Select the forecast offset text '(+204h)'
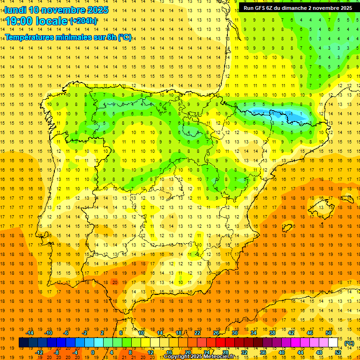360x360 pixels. click(x=83, y=21)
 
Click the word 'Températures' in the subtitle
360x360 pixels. click(x=33, y=37)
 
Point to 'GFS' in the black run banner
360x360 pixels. click(x=262, y=8)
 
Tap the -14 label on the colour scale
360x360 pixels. click(x=30, y=333)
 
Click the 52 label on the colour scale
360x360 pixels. click(x=338, y=352)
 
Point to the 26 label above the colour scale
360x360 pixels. click(x=216, y=333)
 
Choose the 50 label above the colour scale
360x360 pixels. click(x=329, y=333)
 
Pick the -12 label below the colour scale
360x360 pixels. click(x=39, y=352)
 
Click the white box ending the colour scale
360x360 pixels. click(x=333, y=343)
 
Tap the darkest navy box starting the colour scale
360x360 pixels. click(x=23, y=343)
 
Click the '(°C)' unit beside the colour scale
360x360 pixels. click(x=349, y=343)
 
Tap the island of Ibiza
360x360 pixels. click(x=286, y=228)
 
